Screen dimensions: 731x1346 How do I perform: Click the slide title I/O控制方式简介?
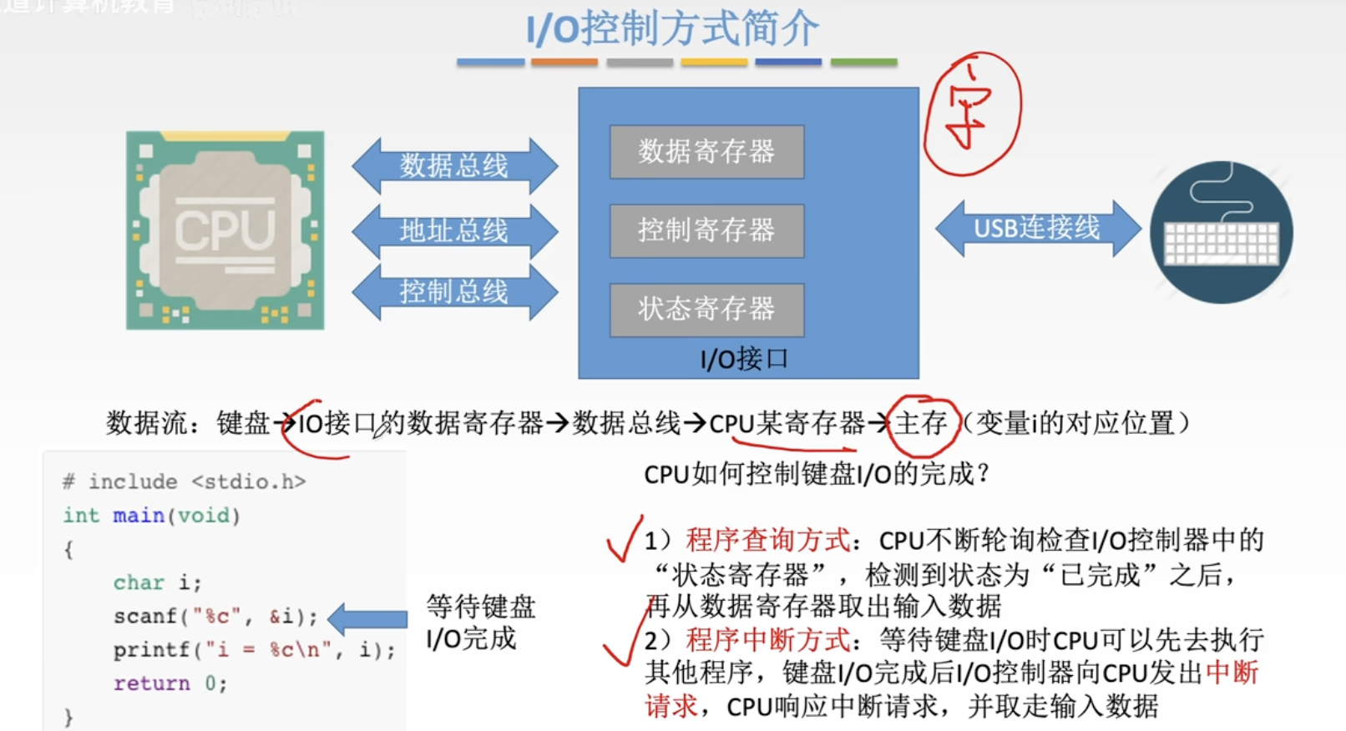[672, 29]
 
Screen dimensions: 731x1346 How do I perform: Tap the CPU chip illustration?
[225, 229]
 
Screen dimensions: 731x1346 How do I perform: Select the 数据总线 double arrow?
[454, 165]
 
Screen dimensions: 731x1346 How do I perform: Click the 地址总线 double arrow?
[454, 229]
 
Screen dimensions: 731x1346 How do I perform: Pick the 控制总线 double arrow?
[454, 291]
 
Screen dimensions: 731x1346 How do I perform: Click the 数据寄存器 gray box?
[706, 152]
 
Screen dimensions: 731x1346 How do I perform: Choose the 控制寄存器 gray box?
[706, 230]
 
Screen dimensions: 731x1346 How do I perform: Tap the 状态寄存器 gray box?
[706, 310]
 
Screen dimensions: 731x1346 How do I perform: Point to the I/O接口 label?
[744, 360]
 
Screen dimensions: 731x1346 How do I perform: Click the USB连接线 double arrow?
[1037, 228]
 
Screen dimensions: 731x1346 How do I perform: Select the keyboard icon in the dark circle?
[1221, 233]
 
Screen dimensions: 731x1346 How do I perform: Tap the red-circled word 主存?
[921, 423]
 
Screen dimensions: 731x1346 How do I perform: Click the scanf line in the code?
[215, 617]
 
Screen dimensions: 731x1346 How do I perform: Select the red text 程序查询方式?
[767, 540]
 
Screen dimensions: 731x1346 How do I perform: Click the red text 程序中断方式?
[767, 640]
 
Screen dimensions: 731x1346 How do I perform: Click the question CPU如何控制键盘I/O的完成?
[816, 474]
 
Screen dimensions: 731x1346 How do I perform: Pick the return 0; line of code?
[170, 683]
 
